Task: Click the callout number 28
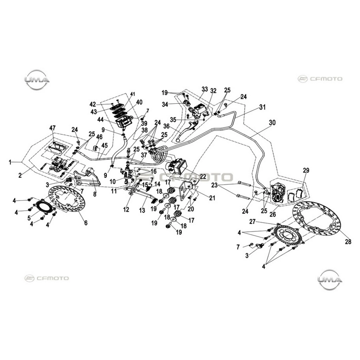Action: [348, 242]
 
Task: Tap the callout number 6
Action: [86, 223]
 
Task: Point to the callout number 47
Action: [53, 128]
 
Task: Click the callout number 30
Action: [272, 123]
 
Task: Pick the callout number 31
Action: [262, 107]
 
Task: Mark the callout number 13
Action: [142, 210]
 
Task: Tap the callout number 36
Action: [173, 126]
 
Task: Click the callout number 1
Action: [10, 162]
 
